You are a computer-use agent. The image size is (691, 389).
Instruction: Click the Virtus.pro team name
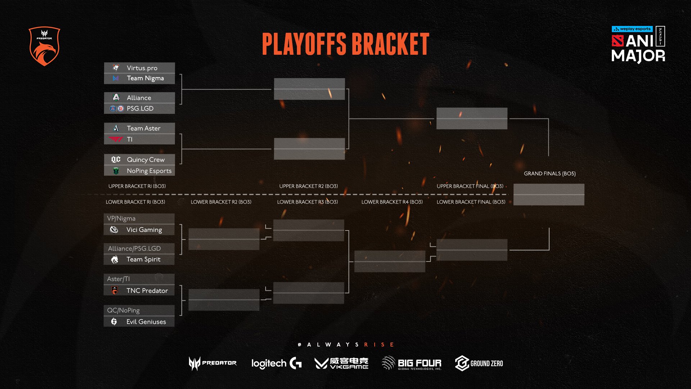click(x=142, y=68)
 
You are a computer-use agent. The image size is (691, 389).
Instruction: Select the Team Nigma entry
click(x=145, y=79)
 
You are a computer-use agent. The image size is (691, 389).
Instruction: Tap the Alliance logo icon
click(x=116, y=98)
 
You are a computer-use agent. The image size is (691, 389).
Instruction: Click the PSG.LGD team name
click(x=140, y=108)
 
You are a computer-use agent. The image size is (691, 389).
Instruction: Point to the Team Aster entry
click(x=143, y=128)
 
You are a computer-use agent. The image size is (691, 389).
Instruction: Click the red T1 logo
click(x=116, y=139)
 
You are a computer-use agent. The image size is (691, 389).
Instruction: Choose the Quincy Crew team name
click(x=145, y=160)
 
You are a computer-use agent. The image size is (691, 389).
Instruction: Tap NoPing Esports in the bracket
click(x=149, y=171)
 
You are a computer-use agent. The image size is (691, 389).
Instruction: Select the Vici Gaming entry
click(x=144, y=230)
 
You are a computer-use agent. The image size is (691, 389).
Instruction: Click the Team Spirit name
click(x=143, y=259)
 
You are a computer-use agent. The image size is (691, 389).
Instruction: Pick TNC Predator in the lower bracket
click(x=147, y=291)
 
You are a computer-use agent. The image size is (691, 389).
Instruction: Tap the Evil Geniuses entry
click(x=146, y=322)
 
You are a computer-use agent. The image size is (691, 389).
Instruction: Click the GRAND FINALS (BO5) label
click(x=550, y=174)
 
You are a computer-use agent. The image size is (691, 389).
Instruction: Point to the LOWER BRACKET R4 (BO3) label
click(x=392, y=202)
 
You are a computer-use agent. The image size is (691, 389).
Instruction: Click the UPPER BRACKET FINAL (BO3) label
click(x=470, y=186)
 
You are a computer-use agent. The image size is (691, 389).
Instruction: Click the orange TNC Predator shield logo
click(x=44, y=46)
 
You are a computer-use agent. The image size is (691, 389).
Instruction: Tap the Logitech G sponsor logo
click(x=276, y=363)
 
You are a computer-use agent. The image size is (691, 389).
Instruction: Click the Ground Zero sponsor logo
click(x=479, y=363)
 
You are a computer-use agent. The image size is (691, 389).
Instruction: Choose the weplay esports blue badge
click(x=632, y=29)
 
